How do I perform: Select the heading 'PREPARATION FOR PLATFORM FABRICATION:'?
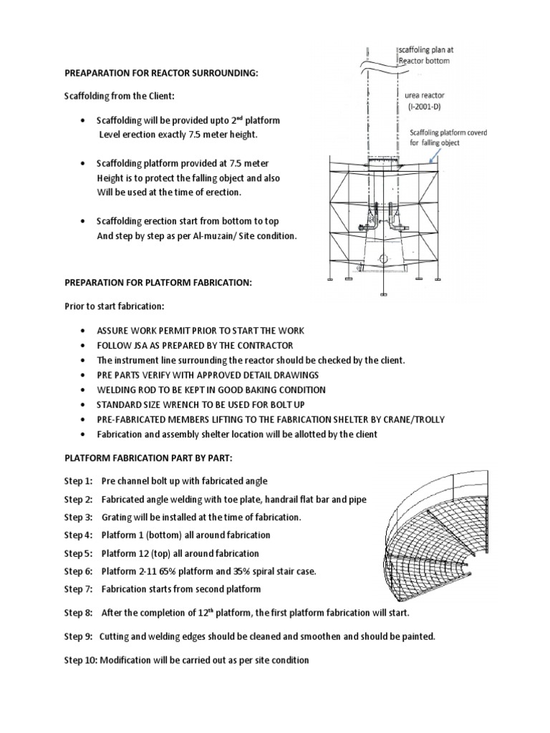pos(158,283)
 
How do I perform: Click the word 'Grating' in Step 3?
pos(117,517)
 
